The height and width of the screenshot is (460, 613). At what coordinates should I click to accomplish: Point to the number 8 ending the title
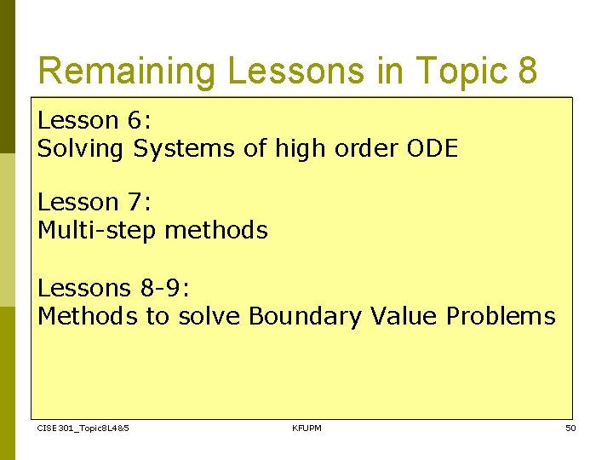coord(526,72)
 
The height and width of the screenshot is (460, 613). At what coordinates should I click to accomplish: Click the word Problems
coord(501,317)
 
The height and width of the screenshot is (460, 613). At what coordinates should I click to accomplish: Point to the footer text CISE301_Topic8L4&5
coord(83,428)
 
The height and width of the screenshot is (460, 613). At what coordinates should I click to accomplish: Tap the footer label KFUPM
coord(306,428)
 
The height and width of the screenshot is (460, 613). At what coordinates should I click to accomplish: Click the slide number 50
coord(570,428)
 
